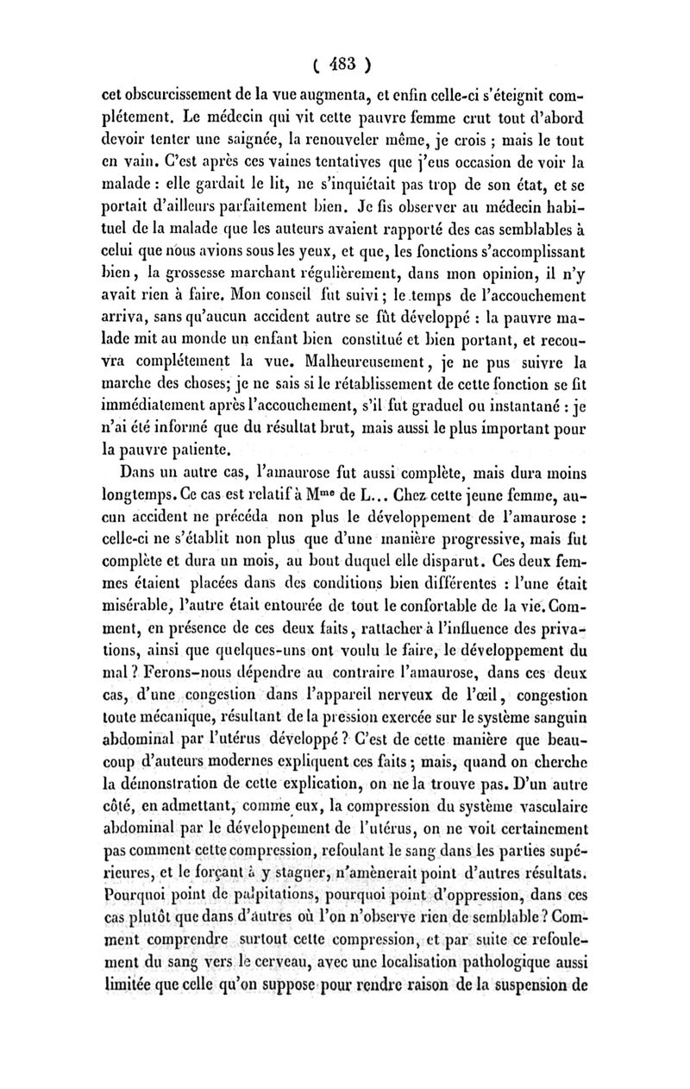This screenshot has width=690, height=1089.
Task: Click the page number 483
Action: tap(342, 63)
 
